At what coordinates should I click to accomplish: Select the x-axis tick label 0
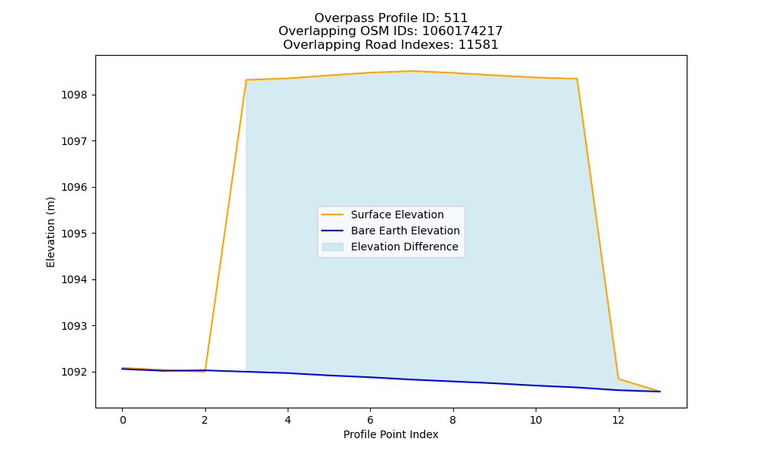pyautogui.click(x=123, y=420)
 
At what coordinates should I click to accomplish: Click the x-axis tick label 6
pyautogui.click(x=370, y=420)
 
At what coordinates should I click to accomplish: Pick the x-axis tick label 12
pyautogui.click(x=618, y=420)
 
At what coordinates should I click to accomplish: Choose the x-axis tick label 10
pyautogui.click(x=536, y=420)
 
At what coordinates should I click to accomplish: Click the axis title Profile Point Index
pyautogui.click(x=391, y=434)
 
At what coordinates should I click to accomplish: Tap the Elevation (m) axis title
pyautogui.click(x=50, y=232)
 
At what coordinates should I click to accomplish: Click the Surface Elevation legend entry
pyautogui.click(x=397, y=214)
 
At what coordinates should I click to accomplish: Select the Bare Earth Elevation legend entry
pyautogui.click(x=405, y=231)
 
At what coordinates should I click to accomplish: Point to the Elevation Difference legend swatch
pyautogui.click(x=333, y=247)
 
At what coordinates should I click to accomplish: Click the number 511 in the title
pyautogui.click(x=456, y=18)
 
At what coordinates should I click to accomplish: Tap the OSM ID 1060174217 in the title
pyautogui.click(x=462, y=31)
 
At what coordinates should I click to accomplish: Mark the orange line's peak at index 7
pyautogui.click(x=412, y=71)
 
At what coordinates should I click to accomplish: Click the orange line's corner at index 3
pyautogui.click(x=246, y=80)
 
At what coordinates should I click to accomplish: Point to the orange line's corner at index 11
pyautogui.click(x=577, y=79)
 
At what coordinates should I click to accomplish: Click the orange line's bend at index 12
pyautogui.click(x=619, y=379)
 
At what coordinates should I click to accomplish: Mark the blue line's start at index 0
pyautogui.click(x=123, y=369)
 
